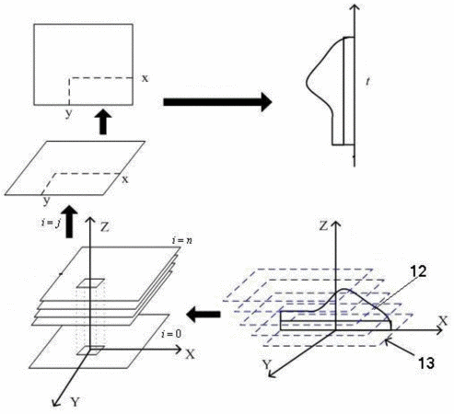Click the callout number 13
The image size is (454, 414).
[425, 363]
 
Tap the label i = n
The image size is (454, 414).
[182, 241]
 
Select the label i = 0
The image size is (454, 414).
[171, 334]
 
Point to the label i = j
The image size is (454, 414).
[51, 223]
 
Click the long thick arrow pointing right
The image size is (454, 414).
[217, 102]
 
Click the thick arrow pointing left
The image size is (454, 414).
[204, 315]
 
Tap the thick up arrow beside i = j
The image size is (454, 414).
[70, 221]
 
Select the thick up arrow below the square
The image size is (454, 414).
[103, 122]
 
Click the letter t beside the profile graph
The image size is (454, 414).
[368, 81]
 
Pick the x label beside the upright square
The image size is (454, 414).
[145, 78]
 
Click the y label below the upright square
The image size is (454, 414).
[69, 113]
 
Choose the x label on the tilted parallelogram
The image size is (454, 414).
[125, 179]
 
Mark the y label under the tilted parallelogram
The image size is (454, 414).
[46, 201]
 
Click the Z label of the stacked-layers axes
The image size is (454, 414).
[105, 227]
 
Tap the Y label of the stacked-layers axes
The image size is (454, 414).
[76, 401]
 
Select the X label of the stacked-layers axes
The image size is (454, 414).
[191, 354]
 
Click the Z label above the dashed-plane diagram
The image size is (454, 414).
[324, 226]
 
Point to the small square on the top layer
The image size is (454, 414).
[90, 283]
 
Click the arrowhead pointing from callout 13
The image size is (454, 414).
[388, 341]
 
